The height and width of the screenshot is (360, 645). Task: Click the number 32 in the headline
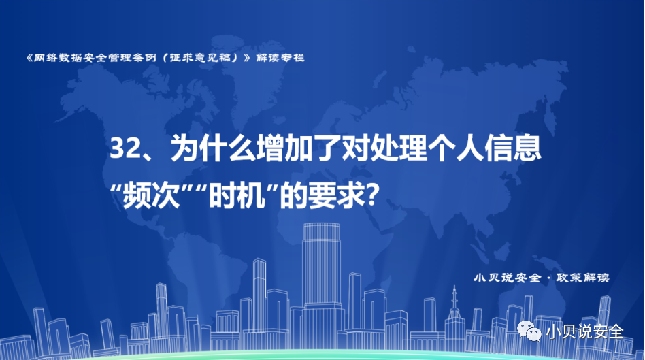click(x=125, y=148)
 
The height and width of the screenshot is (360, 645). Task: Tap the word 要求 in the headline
click(x=337, y=195)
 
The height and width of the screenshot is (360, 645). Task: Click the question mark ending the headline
click(x=371, y=195)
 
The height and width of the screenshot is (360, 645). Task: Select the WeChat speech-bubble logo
click(x=529, y=331)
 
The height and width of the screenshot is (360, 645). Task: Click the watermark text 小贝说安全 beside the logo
click(x=585, y=331)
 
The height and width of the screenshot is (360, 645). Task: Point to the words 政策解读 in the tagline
click(x=582, y=278)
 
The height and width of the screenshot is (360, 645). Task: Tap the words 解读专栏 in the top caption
click(x=280, y=58)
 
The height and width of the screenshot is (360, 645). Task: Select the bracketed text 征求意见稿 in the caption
click(x=200, y=58)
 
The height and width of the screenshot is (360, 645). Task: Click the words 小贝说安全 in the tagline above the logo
click(x=507, y=278)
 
